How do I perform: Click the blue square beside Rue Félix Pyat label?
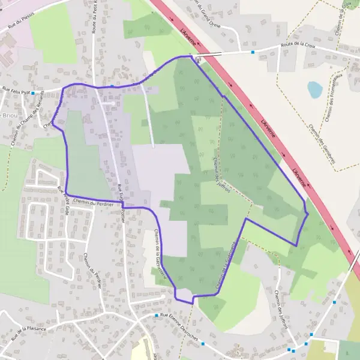point(32,93)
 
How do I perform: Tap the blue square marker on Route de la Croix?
point(253,52)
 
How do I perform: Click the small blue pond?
point(314,89)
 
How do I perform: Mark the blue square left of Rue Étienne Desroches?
point(156,316)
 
